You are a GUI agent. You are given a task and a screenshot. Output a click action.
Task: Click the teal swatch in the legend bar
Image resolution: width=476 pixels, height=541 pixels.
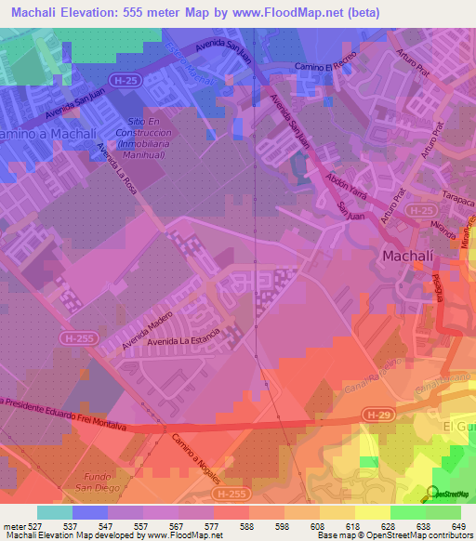(55, 512)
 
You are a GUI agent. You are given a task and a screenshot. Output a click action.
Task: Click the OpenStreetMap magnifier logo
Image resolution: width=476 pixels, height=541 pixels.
(433, 494)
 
